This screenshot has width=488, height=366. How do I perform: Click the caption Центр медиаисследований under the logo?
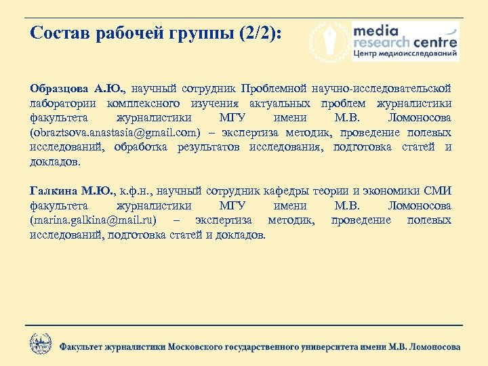pyautogui.click(x=405, y=54)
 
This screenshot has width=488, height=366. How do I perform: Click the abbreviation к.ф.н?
pyautogui.click(x=140, y=191)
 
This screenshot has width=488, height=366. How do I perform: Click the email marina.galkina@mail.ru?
pyautogui.click(x=94, y=221)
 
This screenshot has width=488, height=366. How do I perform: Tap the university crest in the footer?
pyautogui.click(x=41, y=343)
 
